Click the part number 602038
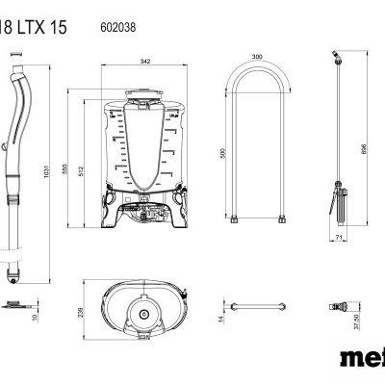click(117, 28)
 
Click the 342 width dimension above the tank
click(144, 62)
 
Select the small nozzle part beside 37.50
click(338, 308)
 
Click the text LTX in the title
click(48, 28)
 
